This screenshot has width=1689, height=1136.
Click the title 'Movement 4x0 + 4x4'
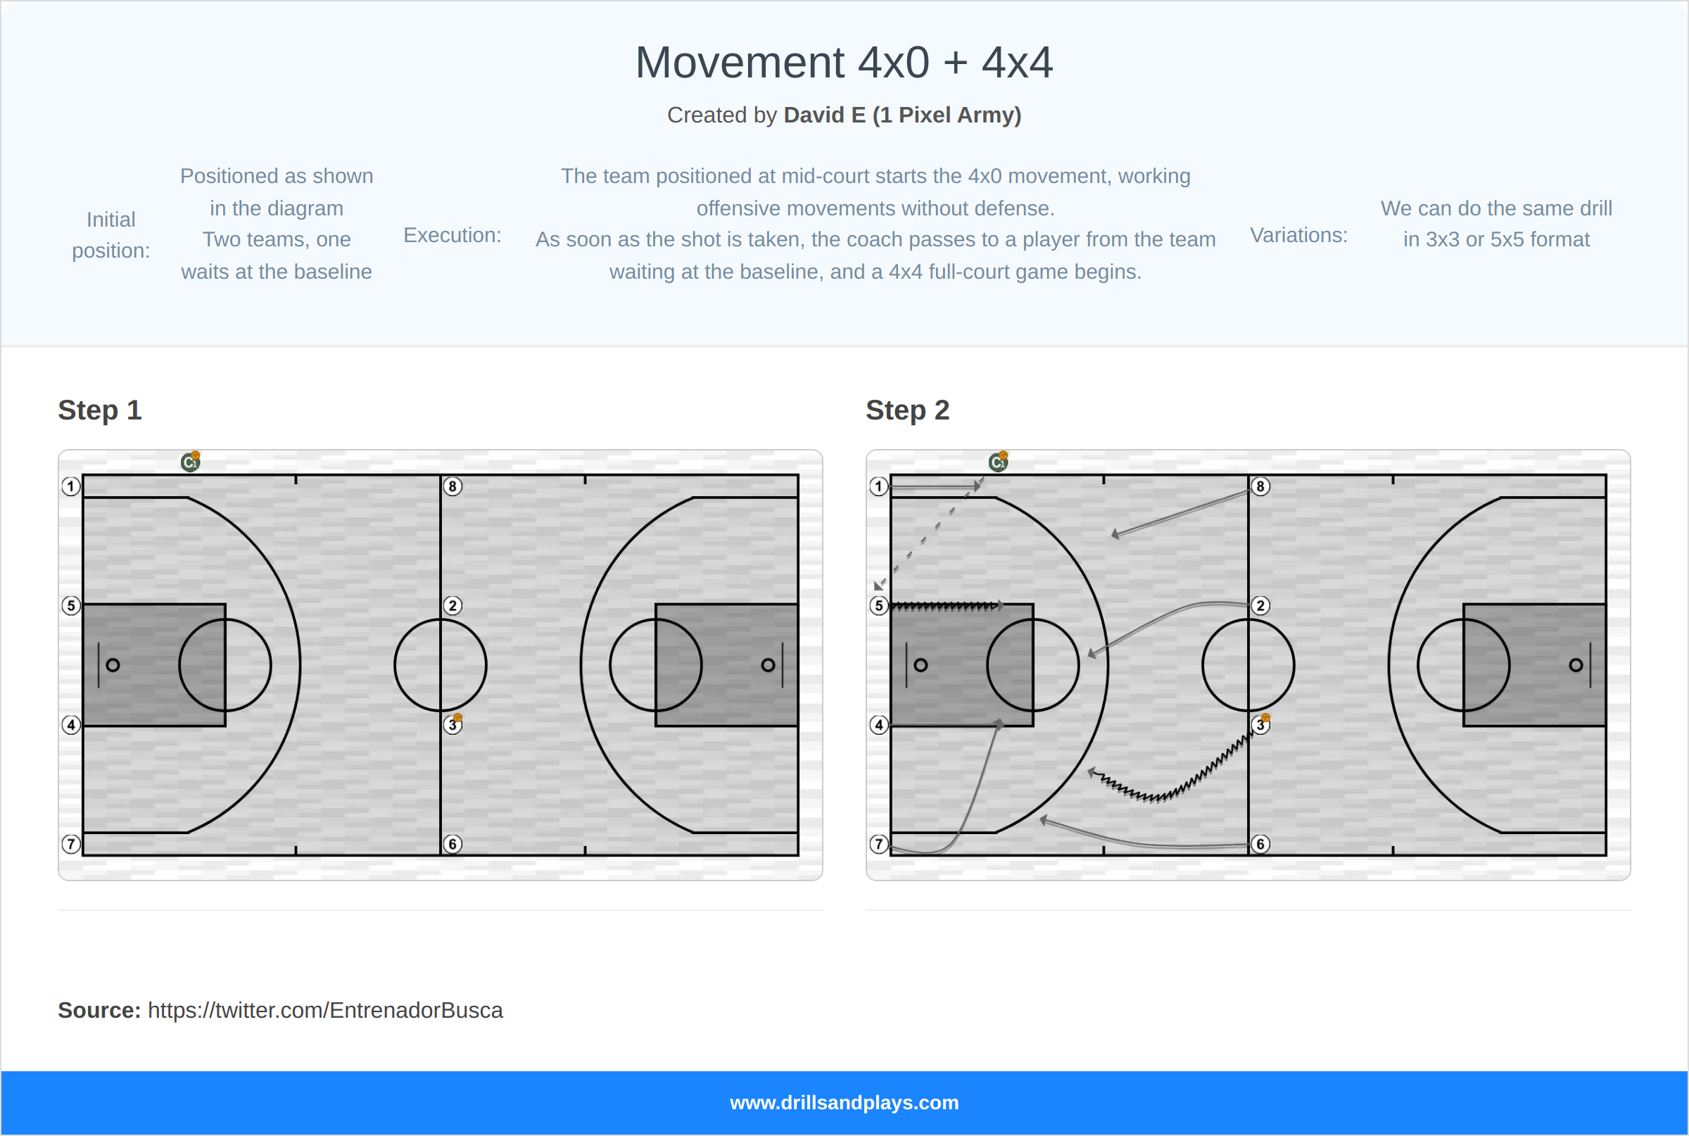pos(844,63)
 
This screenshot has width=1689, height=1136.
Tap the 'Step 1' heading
pos(100,410)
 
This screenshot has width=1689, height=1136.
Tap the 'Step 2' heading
pos(908,410)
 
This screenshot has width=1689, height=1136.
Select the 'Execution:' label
pos(452,235)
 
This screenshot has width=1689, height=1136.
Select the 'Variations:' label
pos(1298,235)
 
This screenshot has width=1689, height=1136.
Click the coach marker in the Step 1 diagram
pos(191,462)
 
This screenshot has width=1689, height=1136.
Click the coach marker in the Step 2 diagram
pos(998,462)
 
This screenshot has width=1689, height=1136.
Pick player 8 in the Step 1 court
pos(453,486)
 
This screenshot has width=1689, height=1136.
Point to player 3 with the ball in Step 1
pos(453,724)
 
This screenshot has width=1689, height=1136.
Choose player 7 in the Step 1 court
pos(71,844)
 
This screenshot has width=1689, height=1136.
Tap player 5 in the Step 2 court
pos(878,606)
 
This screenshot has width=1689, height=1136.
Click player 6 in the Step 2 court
pos(1260,844)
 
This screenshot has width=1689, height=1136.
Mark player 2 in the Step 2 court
pos(1260,606)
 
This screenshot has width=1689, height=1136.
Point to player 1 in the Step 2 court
pos(878,486)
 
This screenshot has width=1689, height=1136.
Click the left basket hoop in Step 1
pos(113,665)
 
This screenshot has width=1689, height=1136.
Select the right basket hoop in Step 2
pos(1576,665)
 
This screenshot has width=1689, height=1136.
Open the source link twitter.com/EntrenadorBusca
pos(325,1010)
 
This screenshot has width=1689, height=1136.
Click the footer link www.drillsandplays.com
pos(844,1103)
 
